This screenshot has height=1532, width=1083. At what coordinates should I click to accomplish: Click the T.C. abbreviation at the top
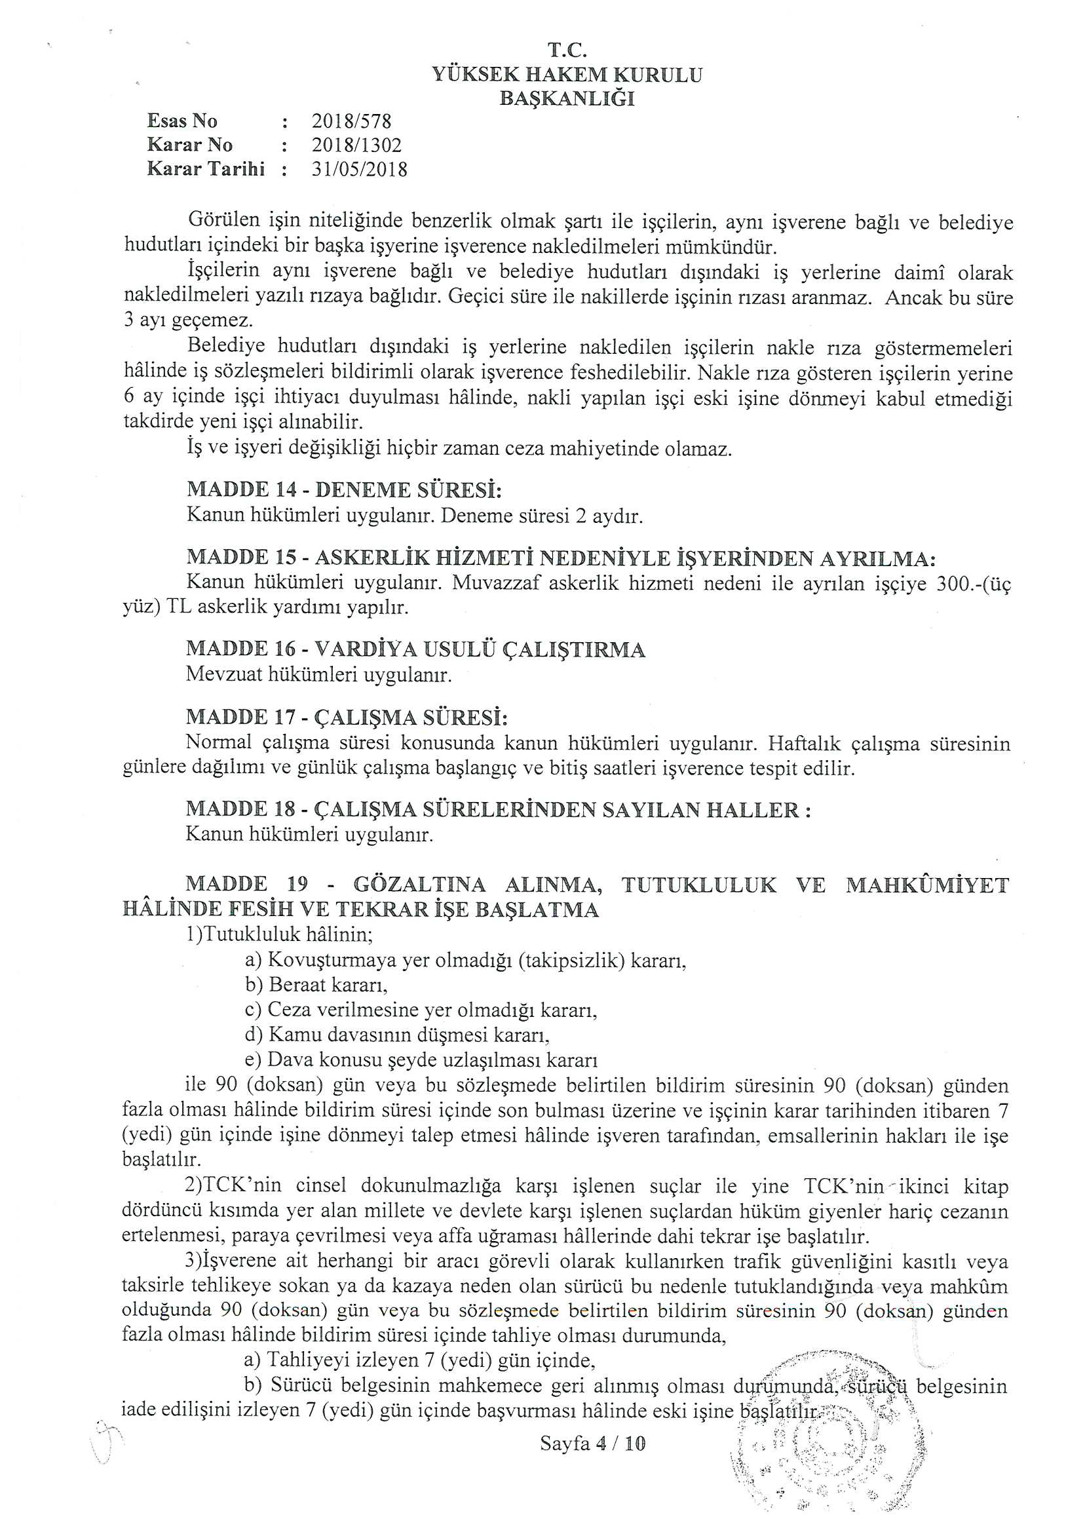(567, 50)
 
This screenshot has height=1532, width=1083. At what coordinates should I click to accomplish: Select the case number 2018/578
(351, 121)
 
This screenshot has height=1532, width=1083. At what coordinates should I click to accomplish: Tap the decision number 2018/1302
(356, 145)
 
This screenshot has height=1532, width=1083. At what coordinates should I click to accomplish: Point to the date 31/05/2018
(359, 169)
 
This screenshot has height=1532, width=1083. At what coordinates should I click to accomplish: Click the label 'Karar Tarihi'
(206, 169)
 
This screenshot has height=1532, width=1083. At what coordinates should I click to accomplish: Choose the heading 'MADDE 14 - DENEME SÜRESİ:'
(344, 489)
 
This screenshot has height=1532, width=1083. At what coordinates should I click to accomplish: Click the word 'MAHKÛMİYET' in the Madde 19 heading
(927, 885)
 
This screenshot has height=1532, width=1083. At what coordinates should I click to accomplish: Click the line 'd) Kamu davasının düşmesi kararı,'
(397, 1034)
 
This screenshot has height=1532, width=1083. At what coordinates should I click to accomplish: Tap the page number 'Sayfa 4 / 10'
(592, 1444)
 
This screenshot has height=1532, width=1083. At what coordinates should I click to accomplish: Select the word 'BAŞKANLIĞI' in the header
(567, 99)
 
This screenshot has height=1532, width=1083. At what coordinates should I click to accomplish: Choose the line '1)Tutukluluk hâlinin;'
(279, 934)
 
